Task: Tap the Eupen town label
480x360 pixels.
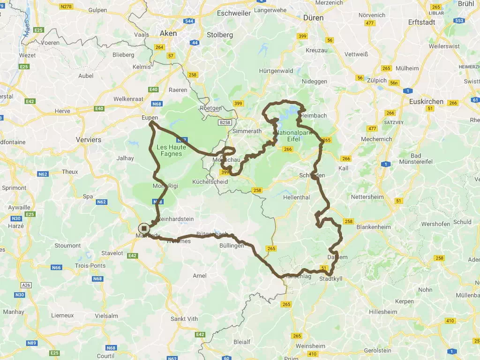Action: [150, 118]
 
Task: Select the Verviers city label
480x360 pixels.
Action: [89, 140]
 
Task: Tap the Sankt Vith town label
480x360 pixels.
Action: [184, 319]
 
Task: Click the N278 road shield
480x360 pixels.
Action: [67, 7]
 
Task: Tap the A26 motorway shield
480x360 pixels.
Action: [26, 285]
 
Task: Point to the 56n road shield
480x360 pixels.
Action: [394, 83]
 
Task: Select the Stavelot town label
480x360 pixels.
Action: [112, 253]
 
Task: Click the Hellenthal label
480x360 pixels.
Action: [296, 197]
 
